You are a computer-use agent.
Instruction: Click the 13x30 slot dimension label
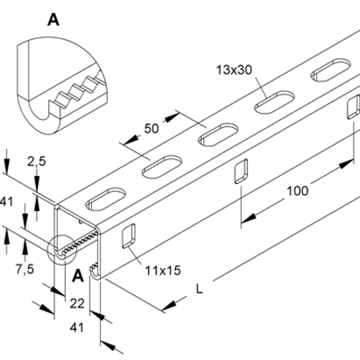tap(234, 70)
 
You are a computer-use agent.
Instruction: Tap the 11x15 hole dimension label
tap(163, 270)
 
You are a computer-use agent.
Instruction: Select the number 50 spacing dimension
tap(151, 129)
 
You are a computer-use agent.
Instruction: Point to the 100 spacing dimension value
tap(298, 191)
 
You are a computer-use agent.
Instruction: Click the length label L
tap(199, 289)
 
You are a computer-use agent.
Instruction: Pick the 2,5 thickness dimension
tap(37, 162)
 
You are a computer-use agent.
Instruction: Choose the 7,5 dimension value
tap(25, 270)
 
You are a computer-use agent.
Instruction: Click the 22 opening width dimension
tap(77, 303)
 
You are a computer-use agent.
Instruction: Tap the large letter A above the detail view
tap(54, 20)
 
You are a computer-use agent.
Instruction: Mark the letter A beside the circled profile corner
tap(78, 276)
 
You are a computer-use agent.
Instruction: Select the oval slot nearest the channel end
tap(106, 198)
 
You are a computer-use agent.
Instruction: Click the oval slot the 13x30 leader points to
tap(274, 102)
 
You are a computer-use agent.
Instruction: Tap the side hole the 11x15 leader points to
tap(129, 236)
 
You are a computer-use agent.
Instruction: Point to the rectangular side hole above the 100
tap(241, 171)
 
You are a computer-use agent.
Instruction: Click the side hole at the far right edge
tap(354, 106)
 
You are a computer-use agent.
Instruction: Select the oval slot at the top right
tap(331, 70)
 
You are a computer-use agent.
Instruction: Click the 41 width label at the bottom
tap(77, 327)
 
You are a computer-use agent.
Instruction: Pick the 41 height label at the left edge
tap(6, 202)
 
